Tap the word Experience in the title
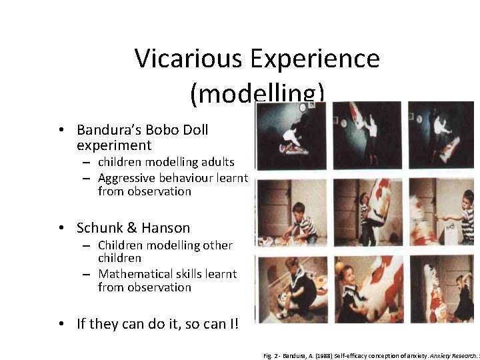[x=316, y=59]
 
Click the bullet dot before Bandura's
[x=61, y=129]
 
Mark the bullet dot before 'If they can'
[x=61, y=324]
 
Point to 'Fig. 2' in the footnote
[x=273, y=355]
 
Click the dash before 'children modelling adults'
[x=87, y=163]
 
